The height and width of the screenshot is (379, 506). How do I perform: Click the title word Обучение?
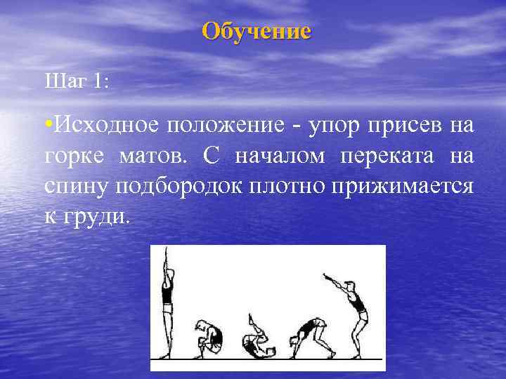tap(256, 32)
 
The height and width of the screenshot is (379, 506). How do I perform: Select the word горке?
tap(72, 156)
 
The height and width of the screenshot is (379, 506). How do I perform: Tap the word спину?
tap(74, 187)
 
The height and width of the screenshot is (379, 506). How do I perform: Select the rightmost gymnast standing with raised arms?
tap(351, 312)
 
